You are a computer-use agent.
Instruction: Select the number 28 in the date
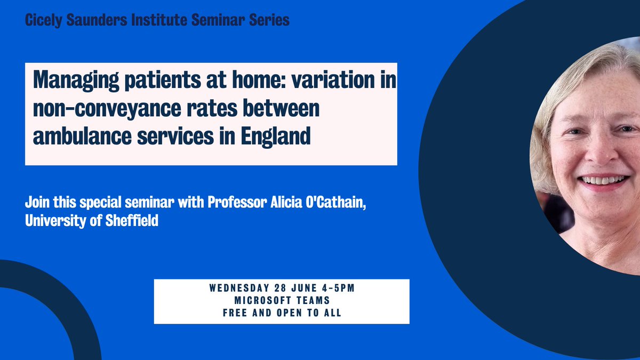point(275,289)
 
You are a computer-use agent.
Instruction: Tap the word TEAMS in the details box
point(311,301)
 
